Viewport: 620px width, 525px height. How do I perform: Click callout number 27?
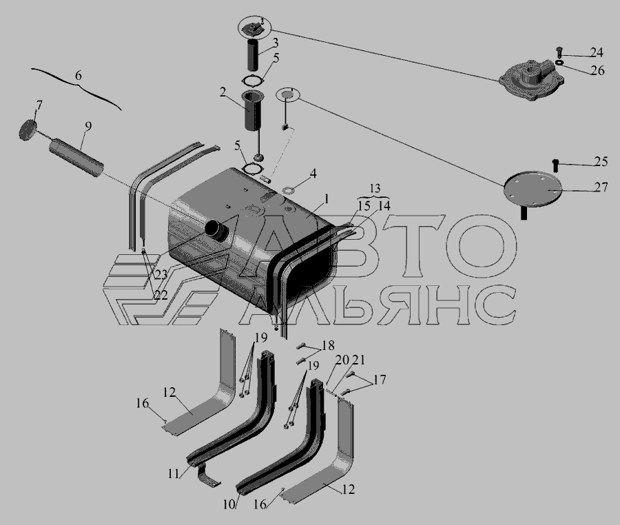[x=601, y=187]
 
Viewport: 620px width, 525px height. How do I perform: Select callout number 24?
[x=597, y=52]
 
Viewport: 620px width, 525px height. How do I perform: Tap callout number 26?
[x=598, y=70]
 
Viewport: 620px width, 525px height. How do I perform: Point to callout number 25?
[x=601, y=161]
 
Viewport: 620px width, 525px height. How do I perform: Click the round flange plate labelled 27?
[x=533, y=189]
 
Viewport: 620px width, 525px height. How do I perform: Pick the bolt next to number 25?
[x=555, y=165]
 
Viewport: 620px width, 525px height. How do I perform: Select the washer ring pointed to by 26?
[x=559, y=62]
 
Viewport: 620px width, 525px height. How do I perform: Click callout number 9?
[x=87, y=126]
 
